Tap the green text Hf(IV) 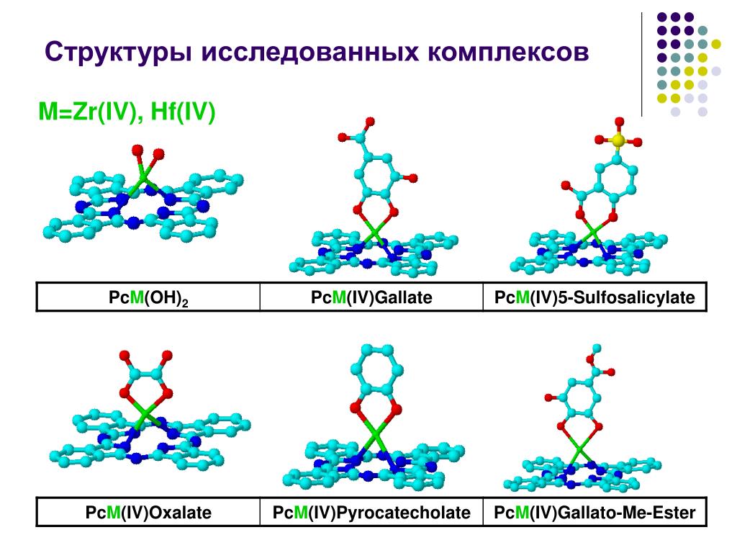(x=183, y=113)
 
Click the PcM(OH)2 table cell (x=148, y=297)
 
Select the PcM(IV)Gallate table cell (x=371, y=297)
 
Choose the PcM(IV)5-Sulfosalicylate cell (x=594, y=297)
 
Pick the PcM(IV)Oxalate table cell (x=148, y=513)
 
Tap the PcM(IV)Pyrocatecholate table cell (x=371, y=513)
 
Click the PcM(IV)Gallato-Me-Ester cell (x=594, y=513)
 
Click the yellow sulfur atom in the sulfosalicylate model (x=617, y=142)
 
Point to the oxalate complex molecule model (x=148, y=418)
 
